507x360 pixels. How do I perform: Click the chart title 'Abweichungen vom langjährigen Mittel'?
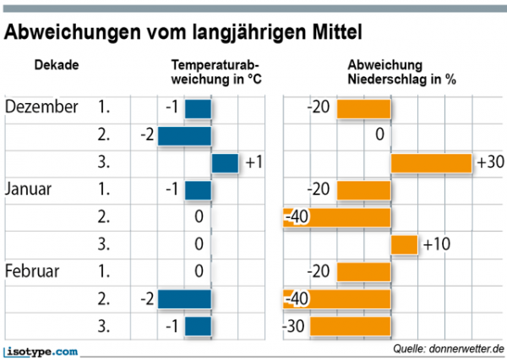pos(183,33)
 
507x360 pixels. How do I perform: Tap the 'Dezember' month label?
pos(41,107)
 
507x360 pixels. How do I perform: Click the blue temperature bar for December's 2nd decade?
pos(184,135)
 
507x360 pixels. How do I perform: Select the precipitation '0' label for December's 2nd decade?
pos(380,135)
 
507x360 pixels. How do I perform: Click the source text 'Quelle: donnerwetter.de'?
pos(448,348)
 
